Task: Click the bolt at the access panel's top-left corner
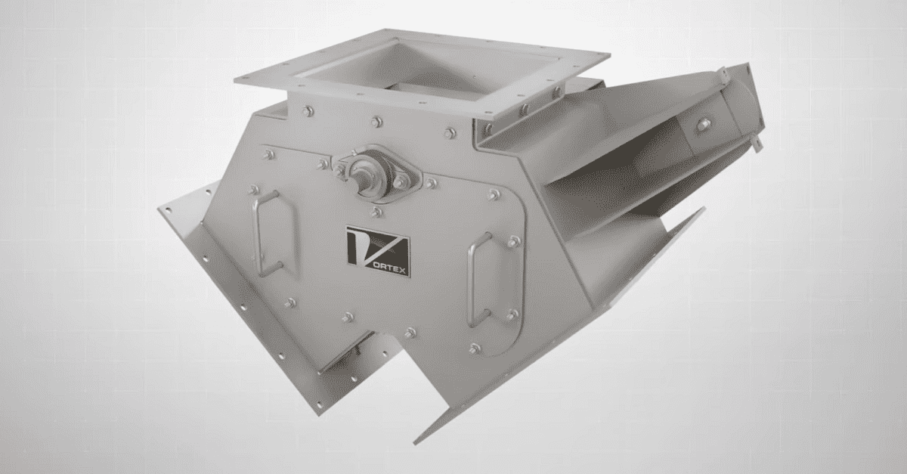pyautogui.click(x=268, y=155)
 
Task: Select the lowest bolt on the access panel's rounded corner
pyautogui.click(x=475, y=349)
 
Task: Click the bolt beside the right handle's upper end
pyautogui.click(x=513, y=242)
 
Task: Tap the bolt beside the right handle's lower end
pyautogui.click(x=512, y=313)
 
